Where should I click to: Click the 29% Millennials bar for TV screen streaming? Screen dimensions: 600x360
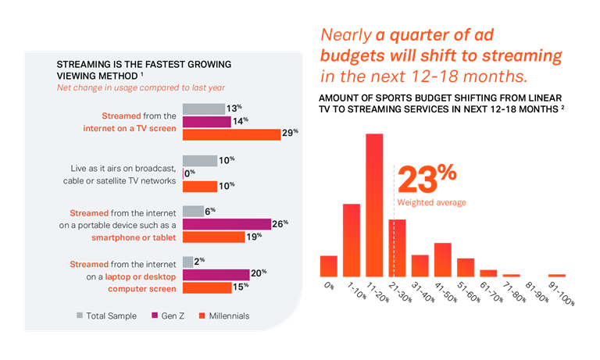tap(231, 134)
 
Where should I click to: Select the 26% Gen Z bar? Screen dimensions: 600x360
tap(227, 224)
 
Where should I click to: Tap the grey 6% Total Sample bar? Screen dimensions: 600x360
tap(193, 211)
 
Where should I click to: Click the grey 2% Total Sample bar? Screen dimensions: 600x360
tap(187, 262)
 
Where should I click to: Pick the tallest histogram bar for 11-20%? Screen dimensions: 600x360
tap(374, 205)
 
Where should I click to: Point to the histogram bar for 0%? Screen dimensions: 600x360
tap(329, 266)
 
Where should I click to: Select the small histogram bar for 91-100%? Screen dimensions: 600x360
tap(557, 276)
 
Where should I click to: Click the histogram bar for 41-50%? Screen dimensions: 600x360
tap(443, 260)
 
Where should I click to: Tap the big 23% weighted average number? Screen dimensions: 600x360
tap(427, 179)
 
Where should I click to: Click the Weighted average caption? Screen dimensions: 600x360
tap(431, 202)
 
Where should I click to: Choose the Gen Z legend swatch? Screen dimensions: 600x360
tap(155, 315)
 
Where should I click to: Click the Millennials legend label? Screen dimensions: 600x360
tap(229, 316)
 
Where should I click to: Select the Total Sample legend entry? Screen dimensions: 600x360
tap(107, 315)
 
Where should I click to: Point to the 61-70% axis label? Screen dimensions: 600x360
tap(491, 292)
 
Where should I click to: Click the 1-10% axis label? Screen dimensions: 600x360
tap(356, 290)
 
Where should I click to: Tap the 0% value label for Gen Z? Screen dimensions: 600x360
tap(190, 173)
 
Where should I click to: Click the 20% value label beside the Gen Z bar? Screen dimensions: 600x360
tap(259, 273)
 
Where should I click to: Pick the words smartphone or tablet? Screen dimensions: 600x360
tap(134, 237)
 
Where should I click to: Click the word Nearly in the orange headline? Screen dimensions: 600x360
tap(346, 35)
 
